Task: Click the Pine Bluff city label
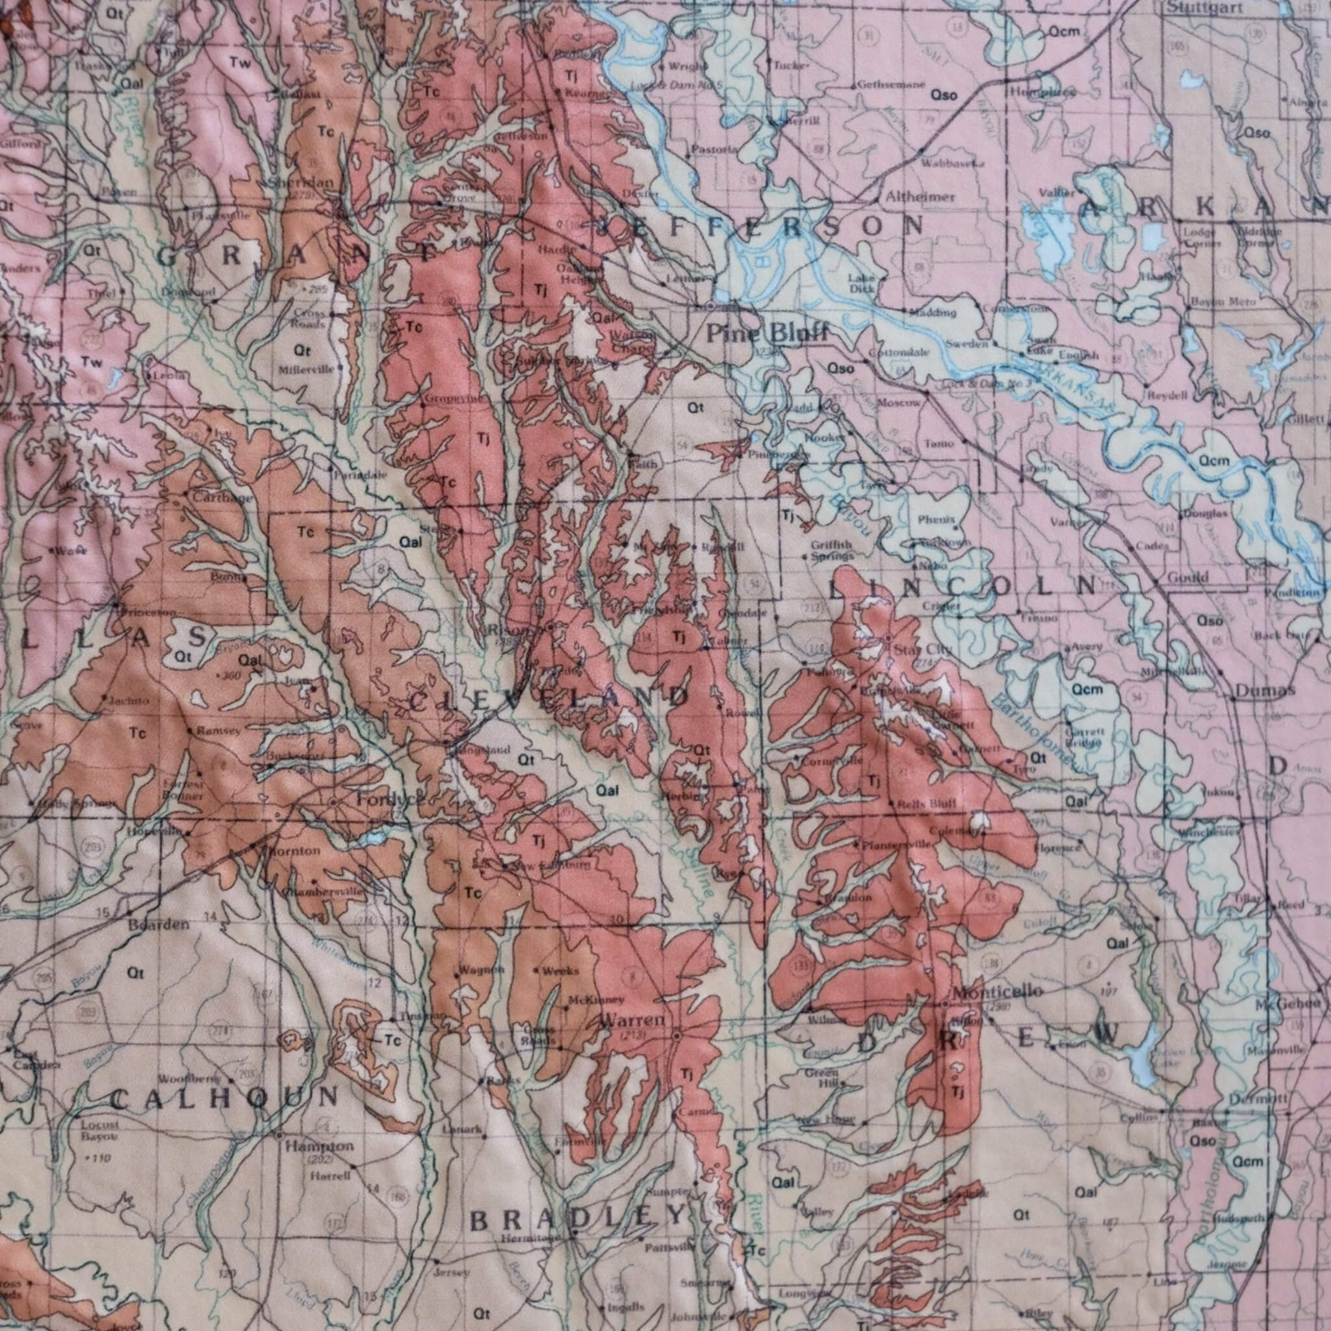click(x=766, y=335)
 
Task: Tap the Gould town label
click(x=1188, y=577)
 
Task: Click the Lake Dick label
click(x=861, y=283)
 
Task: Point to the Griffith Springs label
click(x=831, y=549)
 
